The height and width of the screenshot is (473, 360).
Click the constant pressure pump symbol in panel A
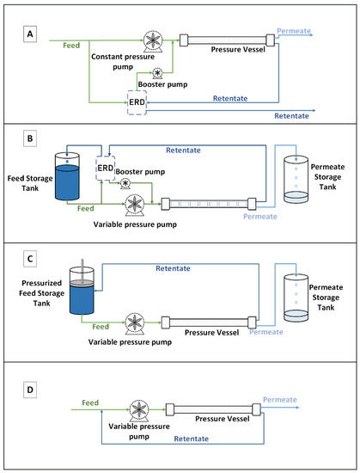pos(152,42)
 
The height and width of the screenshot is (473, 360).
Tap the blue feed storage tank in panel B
pos(70,175)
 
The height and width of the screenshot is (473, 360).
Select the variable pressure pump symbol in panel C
pos(134,323)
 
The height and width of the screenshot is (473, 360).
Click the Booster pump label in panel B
pos(143,171)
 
